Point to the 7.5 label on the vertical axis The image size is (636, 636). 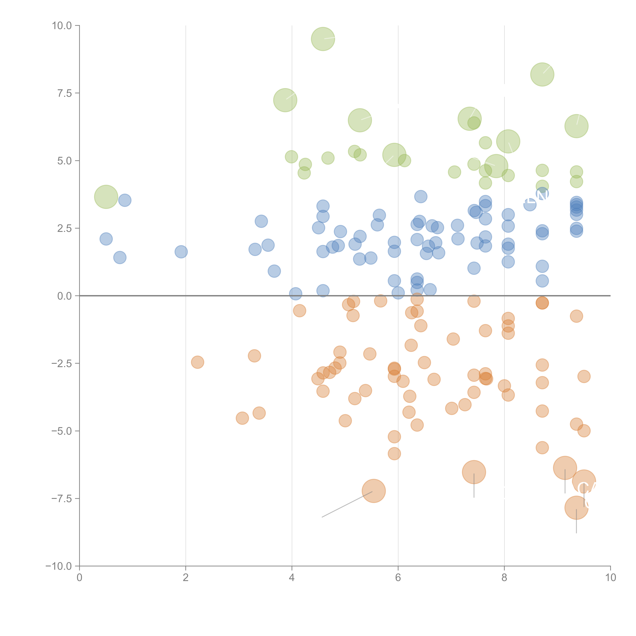(x=64, y=93)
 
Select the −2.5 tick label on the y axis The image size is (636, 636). (x=62, y=363)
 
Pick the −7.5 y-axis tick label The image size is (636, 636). (x=62, y=498)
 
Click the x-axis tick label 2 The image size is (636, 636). (x=186, y=578)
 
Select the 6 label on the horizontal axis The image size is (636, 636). (x=398, y=578)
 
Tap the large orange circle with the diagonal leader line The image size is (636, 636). (x=374, y=491)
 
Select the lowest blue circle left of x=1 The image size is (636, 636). (x=120, y=257)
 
